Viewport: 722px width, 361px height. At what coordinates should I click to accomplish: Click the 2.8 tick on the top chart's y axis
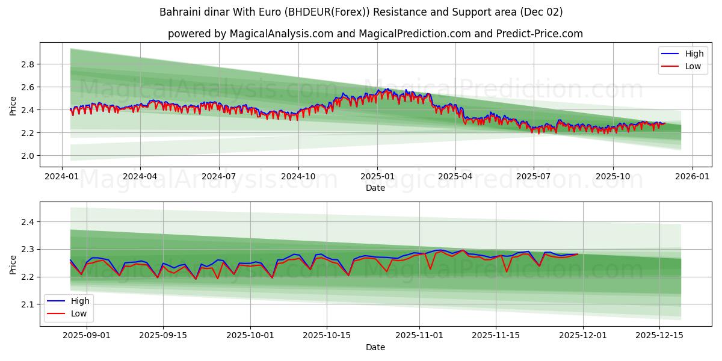26,64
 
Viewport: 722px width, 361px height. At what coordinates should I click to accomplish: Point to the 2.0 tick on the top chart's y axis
26,156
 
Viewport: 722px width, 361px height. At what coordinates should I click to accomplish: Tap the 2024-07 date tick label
218,176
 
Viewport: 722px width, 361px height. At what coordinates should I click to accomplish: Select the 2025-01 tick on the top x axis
377,176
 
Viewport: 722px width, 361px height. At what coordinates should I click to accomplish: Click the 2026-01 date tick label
692,176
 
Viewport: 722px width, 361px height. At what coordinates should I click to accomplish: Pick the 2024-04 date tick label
140,176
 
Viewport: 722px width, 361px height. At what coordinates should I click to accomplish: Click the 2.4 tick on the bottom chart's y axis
26,222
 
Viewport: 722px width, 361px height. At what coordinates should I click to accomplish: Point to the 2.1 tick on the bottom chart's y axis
26,304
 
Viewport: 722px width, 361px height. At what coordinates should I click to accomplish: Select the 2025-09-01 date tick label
87,336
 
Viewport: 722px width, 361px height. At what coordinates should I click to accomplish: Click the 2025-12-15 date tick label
659,336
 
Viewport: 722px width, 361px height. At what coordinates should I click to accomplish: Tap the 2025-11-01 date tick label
419,336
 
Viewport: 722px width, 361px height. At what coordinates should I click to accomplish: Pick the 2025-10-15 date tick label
327,336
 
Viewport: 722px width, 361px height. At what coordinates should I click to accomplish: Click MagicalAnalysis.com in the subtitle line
281,34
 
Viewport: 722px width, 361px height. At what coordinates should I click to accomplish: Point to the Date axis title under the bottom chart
375,347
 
